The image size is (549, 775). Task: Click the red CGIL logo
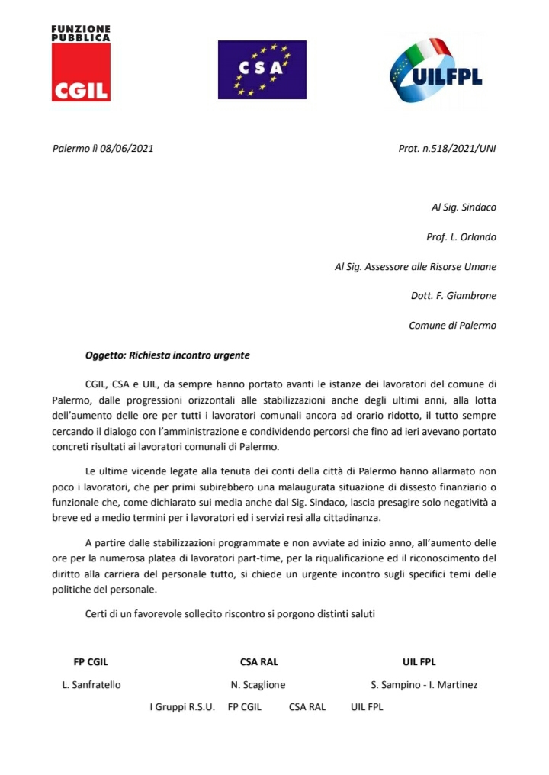tap(81, 72)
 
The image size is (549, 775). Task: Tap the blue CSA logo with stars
tap(262, 69)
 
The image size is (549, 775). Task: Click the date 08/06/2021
tap(127, 148)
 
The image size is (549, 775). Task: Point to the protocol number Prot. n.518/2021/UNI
tap(447, 148)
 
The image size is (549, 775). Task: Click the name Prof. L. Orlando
tap(461, 236)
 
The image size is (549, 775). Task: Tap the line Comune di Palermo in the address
tap(452, 325)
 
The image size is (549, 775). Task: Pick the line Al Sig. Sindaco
tap(464, 207)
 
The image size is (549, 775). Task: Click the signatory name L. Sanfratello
tap(91, 684)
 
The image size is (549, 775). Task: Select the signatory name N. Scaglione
tap(258, 684)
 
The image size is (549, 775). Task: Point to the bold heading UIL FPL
tap(419, 661)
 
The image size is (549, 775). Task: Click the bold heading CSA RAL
tap(259, 661)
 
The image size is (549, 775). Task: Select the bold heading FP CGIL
tap(91, 661)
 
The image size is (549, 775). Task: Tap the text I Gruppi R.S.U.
tap(182, 707)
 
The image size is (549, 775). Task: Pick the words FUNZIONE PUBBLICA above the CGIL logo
tap(81, 33)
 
